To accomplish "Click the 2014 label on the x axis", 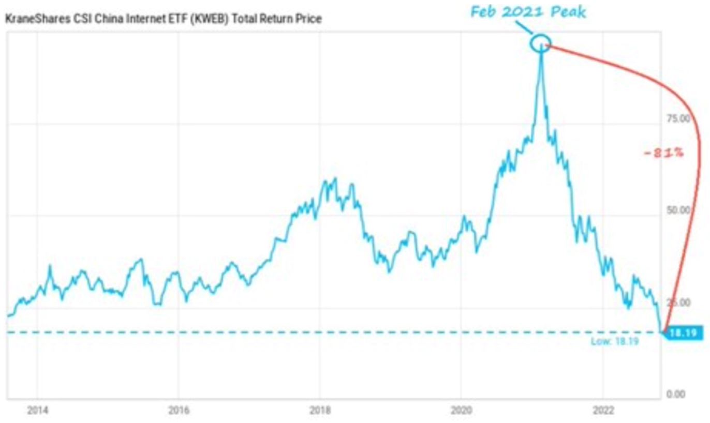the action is [x=38, y=411].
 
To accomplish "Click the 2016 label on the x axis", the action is [x=179, y=411].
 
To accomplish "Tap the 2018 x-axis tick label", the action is [x=320, y=411].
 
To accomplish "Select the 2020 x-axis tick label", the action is [x=462, y=411].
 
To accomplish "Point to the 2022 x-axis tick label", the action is [x=603, y=411].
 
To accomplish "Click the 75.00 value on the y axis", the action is [x=678, y=119].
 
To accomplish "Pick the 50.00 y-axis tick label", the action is [x=678, y=210].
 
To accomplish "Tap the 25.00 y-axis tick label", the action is [x=678, y=303].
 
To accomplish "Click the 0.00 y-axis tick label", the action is [x=676, y=394].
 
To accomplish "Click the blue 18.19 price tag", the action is [x=683, y=333].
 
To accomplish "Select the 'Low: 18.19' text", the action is [x=615, y=341].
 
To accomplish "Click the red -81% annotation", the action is [x=663, y=153].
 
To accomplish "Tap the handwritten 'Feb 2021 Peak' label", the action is [x=528, y=12].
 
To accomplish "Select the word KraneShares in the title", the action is [x=38, y=19].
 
